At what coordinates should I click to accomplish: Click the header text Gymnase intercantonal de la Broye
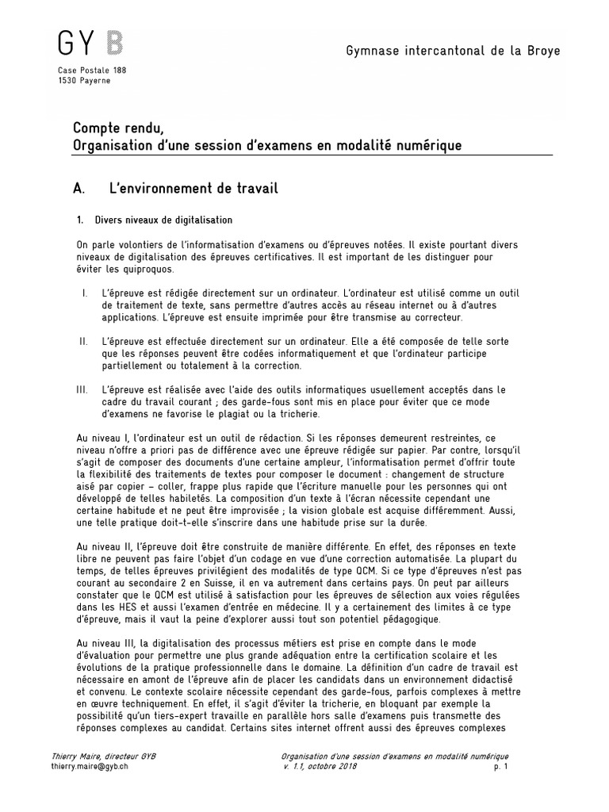pyautogui.click(x=453, y=51)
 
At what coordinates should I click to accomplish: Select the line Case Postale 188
pyautogui.click(x=92, y=71)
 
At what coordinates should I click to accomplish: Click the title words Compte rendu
pyautogui.click(x=120, y=128)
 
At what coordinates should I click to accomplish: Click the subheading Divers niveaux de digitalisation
pyautogui.click(x=163, y=220)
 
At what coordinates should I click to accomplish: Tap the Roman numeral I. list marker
pyautogui.click(x=84, y=293)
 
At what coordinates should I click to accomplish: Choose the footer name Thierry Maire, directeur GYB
pyautogui.click(x=103, y=756)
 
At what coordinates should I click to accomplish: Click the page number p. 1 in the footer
pyautogui.click(x=500, y=768)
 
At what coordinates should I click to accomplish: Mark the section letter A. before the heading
pyautogui.click(x=79, y=189)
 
